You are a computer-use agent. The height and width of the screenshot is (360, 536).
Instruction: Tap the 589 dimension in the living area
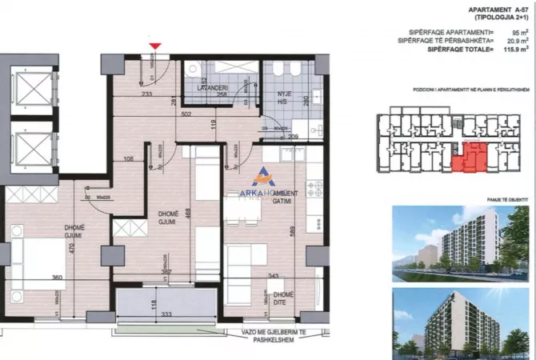(x=293, y=230)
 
